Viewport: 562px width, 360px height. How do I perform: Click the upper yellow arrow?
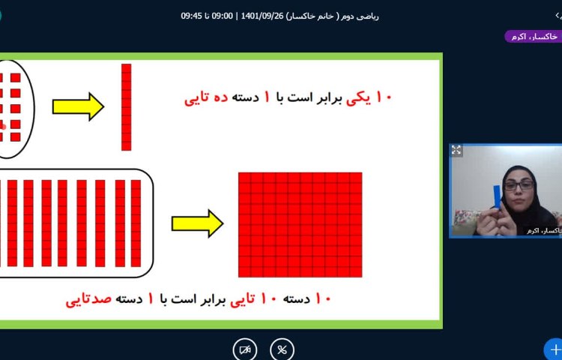[78, 106]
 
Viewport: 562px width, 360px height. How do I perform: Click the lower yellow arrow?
[197, 223]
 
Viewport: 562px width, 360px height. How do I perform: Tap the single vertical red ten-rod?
[126, 107]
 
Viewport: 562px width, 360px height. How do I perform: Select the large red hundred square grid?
[300, 223]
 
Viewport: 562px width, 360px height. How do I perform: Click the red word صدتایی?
[88, 299]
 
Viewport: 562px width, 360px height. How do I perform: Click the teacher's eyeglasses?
[519, 184]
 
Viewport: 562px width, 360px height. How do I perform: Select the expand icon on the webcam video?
[456, 151]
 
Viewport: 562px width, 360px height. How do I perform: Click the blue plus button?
[554, 349]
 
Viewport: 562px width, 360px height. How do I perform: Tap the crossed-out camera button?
[244, 349]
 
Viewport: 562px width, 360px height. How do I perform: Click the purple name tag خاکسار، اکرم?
[533, 36]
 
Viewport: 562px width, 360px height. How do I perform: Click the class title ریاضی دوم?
[362, 15]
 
